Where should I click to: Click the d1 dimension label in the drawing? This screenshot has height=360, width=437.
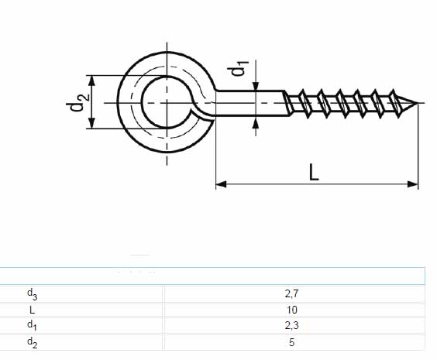[238, 67]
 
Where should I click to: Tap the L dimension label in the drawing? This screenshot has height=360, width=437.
[314, 173]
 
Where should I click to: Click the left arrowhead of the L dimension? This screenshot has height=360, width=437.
[221, 184]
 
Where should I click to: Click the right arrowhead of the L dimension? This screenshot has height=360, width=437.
[413, 184]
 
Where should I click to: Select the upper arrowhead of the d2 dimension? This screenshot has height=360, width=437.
[92, 81]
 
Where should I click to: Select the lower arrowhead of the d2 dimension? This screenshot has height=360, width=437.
[92, 123]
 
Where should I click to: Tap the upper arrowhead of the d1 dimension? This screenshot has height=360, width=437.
[256, 86]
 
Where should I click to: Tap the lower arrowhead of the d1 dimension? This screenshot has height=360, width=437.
[256, 123]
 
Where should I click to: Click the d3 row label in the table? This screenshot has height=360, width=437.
[32, 294]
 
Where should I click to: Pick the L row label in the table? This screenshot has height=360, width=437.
[32, 310]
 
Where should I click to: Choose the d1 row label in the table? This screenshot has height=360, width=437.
[32, 325]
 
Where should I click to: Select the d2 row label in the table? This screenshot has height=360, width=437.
[32, 342]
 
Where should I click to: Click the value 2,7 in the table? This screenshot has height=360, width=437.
[291, 293]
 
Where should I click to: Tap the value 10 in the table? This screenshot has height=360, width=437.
[291, 310]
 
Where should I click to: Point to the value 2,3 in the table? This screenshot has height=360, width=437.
[291, 325]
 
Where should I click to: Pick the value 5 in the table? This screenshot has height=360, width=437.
[291, 342]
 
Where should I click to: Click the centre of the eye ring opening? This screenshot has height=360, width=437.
[167, 102]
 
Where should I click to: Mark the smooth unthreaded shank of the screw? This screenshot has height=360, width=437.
[251, 103]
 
